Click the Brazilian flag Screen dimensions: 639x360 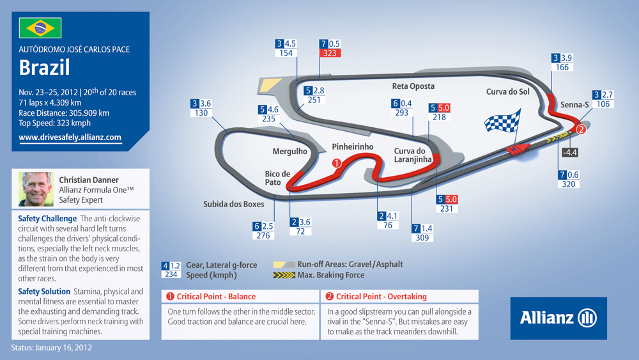click(x=40, y=27)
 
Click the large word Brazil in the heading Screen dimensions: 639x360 click(x=45, y=68)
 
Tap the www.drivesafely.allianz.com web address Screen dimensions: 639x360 click(x=70, y=137)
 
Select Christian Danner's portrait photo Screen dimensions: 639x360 click(x=35, y=189)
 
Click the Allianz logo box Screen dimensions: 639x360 click(x=558, y=318)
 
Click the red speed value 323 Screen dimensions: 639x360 click(x=330, y=53)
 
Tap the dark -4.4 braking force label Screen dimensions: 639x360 click(x=570, y=152)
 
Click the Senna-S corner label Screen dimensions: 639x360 click(x=574, y=105)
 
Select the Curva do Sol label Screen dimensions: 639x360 click(x=508, y=91)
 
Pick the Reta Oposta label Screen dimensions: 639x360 click(x=413, y=86)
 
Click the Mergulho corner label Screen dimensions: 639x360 click(x=289, y=152)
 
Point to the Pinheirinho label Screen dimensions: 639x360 click(x=353, y=147)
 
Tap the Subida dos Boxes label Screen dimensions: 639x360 click(x=233, y=204)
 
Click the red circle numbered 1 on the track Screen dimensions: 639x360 click(x=337, y=163)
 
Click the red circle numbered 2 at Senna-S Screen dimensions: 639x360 click(x=581, y=130)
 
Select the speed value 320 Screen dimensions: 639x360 click(x=569, y=184)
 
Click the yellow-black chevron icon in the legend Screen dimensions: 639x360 click(x=284, y=275)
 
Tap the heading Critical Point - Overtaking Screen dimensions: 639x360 click(x=381, y=297)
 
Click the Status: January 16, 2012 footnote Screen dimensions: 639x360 click(x=51, y=348)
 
